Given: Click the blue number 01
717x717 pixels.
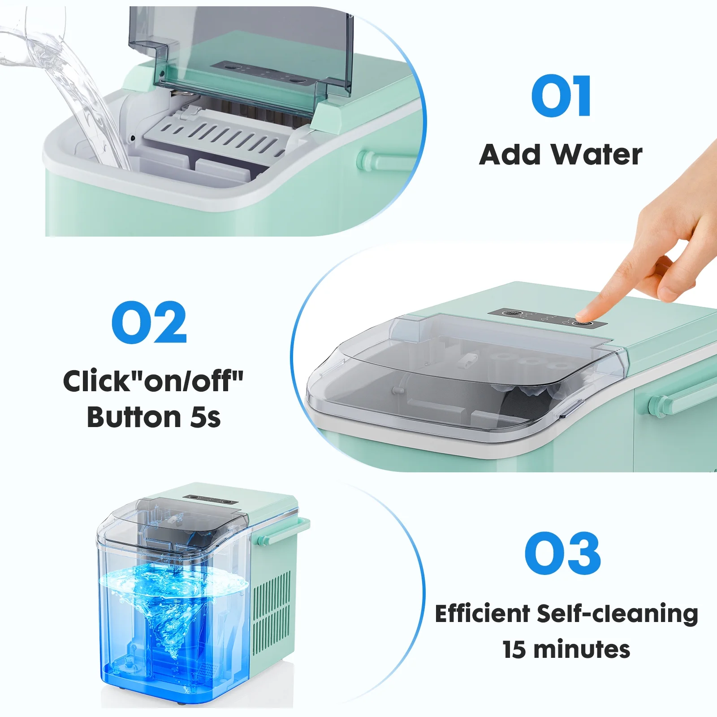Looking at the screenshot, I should click(561, 96).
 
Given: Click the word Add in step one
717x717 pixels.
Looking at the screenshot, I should click(510, 155).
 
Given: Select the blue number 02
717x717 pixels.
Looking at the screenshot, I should click(149, 323).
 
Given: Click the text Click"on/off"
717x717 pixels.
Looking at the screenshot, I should click(153, 381).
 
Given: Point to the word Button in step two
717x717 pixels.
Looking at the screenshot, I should click(134, 417).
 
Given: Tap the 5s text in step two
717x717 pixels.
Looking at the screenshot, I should click(206, 417).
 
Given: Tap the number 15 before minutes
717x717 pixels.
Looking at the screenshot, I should click(514, 649).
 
